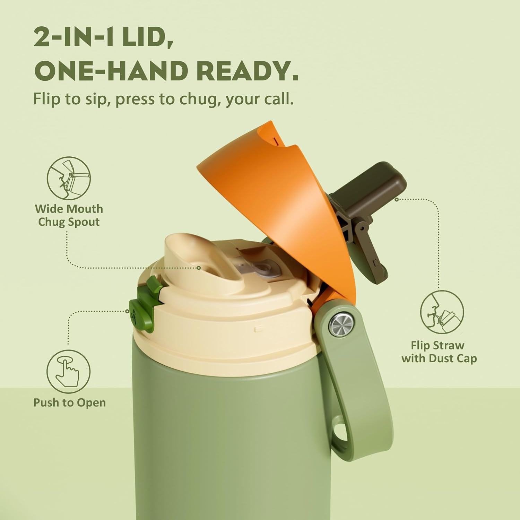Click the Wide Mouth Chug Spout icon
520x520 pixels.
pyautogui.click(x=69, y=178)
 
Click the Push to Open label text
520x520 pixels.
pyautogui.click(x=69, y=403)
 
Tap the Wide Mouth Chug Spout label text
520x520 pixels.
pyautogui.click(x=69, y=215)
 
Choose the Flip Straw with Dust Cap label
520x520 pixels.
pyautogui.click(x=439, y=352)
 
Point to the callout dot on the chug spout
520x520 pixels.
pyautogui.click(x=199, y=268)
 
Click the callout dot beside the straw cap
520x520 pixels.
pyautogui.click(x=397, y=199)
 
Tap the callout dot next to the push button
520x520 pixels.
pyautogui.click(x=128, y=311)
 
